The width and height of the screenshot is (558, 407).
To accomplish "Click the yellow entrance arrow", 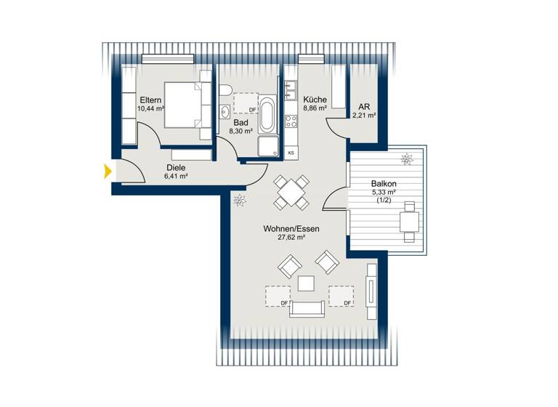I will (x=108, y=172).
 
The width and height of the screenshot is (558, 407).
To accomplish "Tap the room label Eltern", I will (x=150, y=99).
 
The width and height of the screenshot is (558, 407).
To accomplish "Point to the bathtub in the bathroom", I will (x=267, y=117).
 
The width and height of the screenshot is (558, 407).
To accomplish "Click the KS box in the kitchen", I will (x=291, y=153).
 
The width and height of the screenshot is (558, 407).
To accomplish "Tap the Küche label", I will (x=315, y=100).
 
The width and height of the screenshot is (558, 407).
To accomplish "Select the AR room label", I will (x=364, y=105).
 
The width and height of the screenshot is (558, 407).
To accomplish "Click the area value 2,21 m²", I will (x=364, y=115).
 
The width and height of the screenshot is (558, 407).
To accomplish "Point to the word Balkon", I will (x=384, y=185).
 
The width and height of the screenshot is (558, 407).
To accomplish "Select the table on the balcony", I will (x=409, y=220).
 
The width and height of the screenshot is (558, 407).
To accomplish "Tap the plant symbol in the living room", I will (x=239, y=200).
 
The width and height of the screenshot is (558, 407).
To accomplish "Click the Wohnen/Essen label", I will (x=291, y=228).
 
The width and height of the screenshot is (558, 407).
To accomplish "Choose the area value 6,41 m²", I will (x=176, y=176).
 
